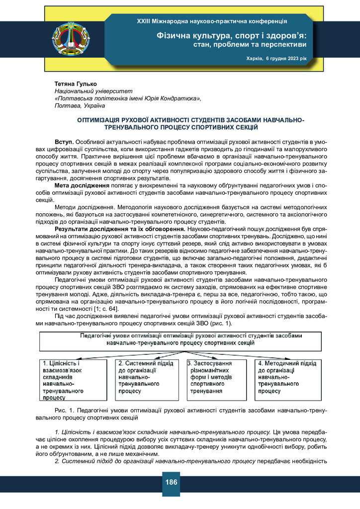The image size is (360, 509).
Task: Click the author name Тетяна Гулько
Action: tap(75, 84)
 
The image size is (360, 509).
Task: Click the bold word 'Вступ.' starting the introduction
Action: tap(65, 143)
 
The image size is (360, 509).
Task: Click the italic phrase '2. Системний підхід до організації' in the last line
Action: tap(105, 461)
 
